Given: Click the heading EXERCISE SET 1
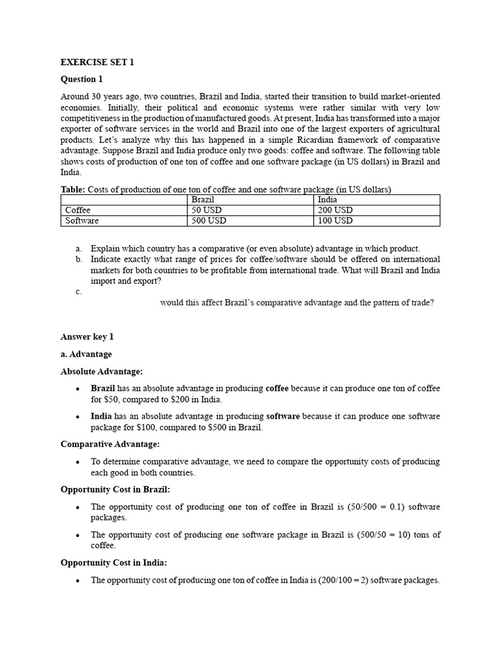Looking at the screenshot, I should [97, 63].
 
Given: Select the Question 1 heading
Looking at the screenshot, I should [82, 80].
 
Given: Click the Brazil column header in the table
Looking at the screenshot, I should [203, 200].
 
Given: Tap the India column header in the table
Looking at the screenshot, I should [327, 200].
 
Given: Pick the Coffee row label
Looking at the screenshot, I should [78, 210].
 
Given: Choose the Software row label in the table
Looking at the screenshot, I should [82, 220].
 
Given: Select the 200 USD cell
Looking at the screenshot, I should [335, 210].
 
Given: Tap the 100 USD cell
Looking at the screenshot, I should [335, 220].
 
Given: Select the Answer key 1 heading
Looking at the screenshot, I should [87, 337].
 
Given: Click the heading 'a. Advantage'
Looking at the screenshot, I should [86, 354].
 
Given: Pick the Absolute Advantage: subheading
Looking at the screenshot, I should [101, 371].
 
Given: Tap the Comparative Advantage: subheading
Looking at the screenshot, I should [110, 444].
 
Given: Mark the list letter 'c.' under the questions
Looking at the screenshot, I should [78, 292].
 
